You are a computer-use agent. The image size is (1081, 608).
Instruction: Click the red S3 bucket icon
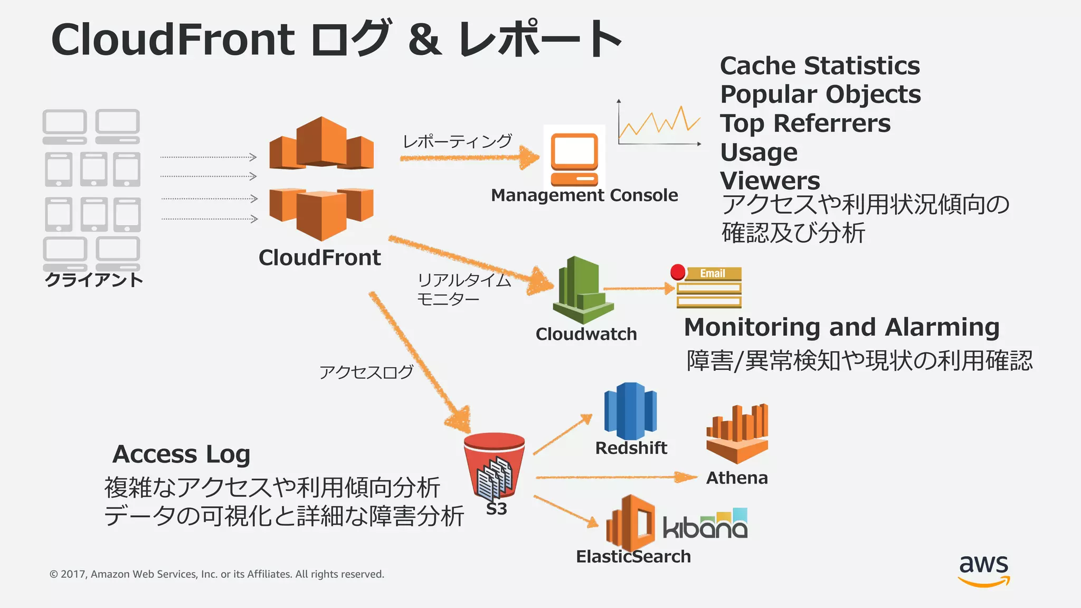494,464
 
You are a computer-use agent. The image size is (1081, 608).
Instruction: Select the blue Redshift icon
630,411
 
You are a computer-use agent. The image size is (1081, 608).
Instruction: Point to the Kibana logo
705,525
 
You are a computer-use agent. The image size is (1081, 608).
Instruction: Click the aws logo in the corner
984,570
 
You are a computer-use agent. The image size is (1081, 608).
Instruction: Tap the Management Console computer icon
574,158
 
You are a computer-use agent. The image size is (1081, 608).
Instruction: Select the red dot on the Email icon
678,272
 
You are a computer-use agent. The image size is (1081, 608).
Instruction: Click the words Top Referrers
805,123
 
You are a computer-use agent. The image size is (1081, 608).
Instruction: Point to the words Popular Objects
820,94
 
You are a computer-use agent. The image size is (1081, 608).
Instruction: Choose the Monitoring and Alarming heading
841,327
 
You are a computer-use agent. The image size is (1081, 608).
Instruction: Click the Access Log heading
181,454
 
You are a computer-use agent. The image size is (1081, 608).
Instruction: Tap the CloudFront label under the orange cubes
319,258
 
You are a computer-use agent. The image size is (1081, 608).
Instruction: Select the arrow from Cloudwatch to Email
639,289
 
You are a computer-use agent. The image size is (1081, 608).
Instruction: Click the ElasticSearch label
633,556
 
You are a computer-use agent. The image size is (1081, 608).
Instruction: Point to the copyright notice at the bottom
216,574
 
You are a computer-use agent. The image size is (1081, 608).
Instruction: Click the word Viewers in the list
770,181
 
